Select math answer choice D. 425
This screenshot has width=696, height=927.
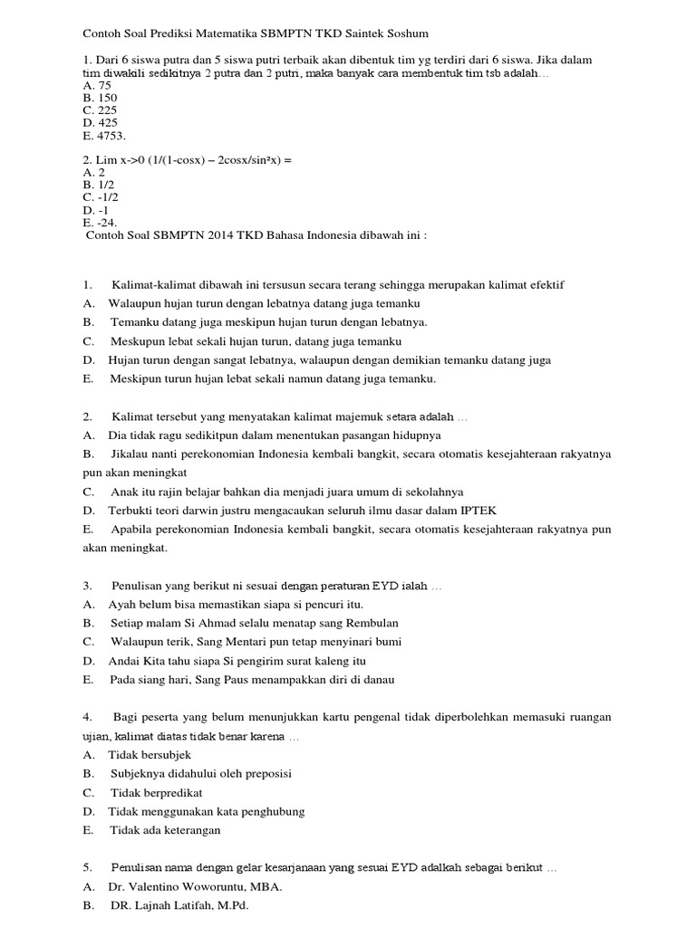pos(100,123)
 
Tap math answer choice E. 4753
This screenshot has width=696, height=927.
pos(103,136)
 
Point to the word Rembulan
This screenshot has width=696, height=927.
pos(367,623)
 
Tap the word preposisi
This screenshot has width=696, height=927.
pos(263,773)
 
